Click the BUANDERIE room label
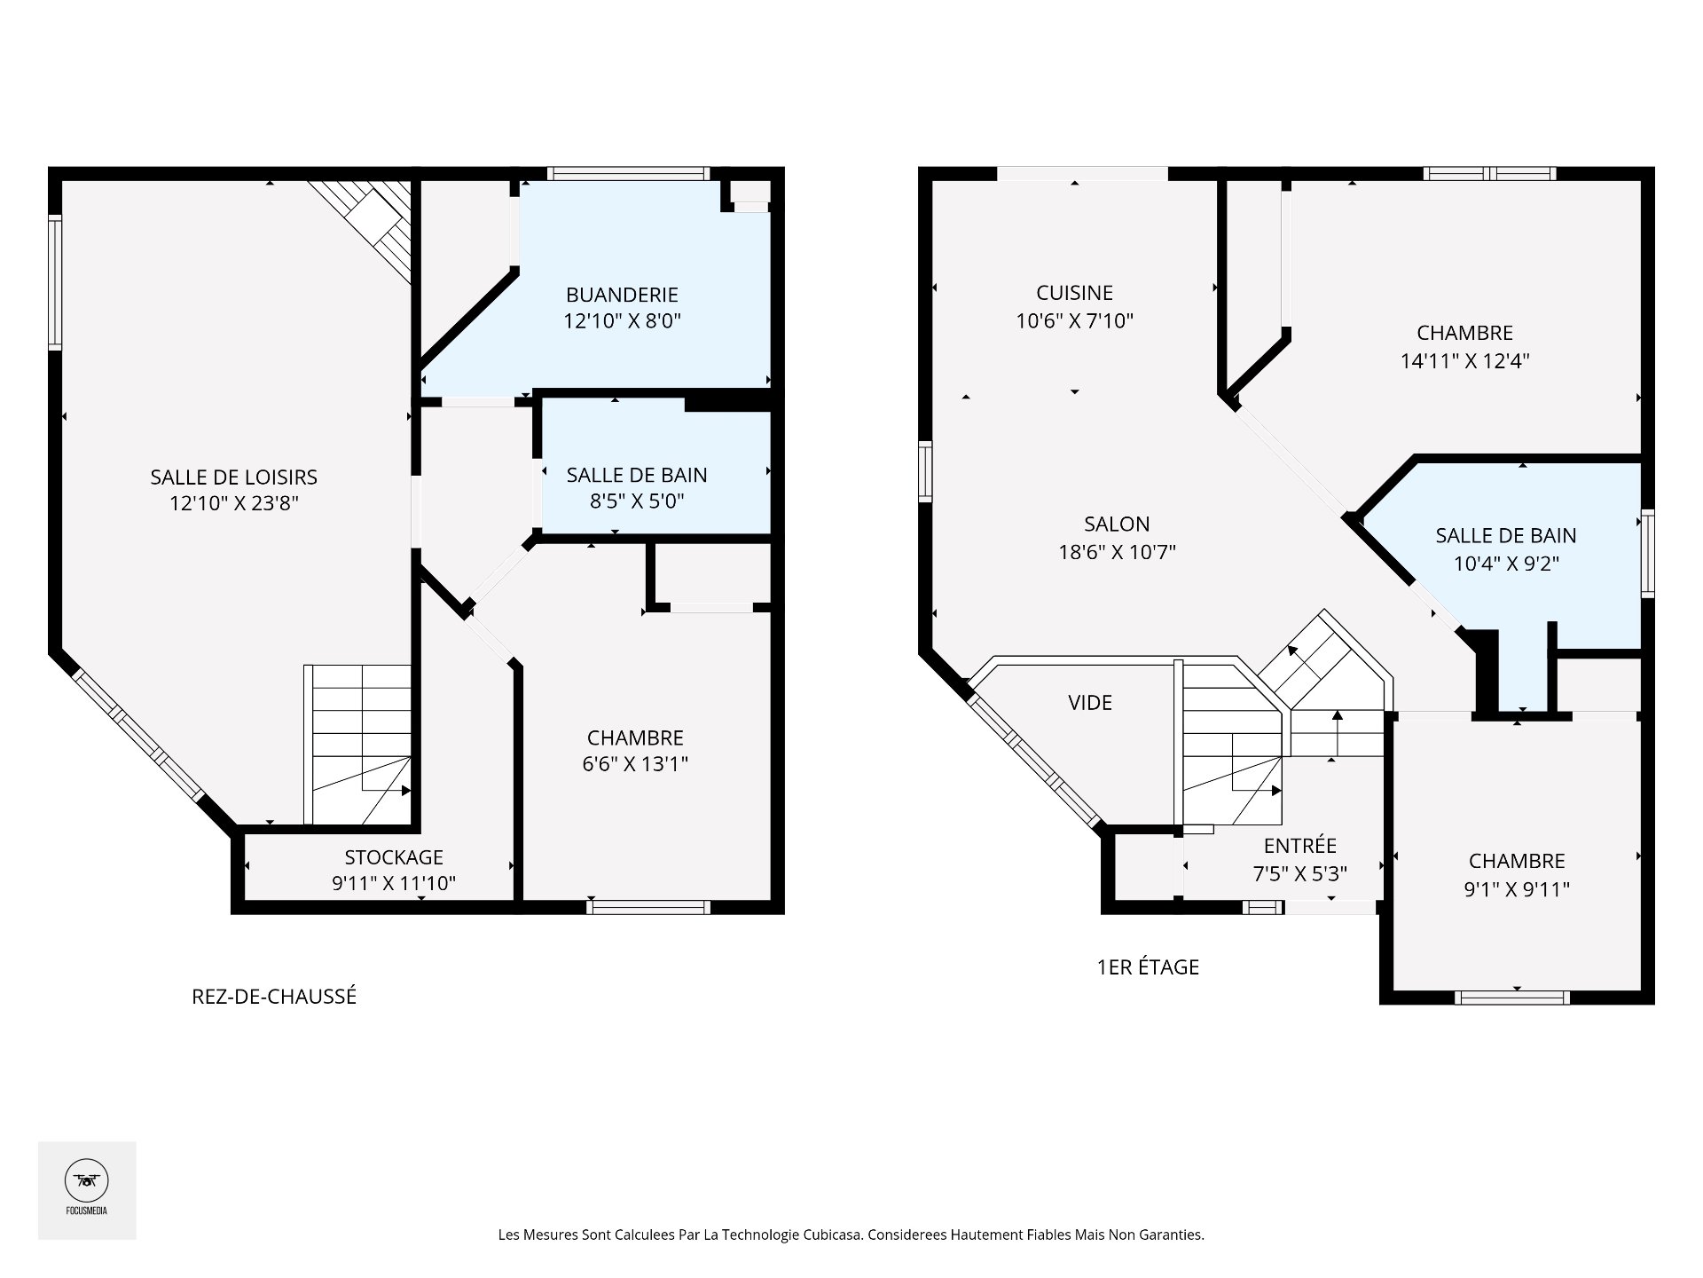pyautogui.click(x=622, y=295)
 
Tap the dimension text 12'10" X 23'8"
pyautogui.click(x=234, y=503)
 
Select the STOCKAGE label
pyautogui.click(x=394, y=857)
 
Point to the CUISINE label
pyautogui.click(x=1074, y=293)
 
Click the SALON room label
pyautogui.click(x=1117, y=525)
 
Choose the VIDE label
pyautogui.click(x=1090, y=703)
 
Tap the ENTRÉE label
pyautogui.click(x=1299, y=846)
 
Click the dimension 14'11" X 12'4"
pyautogui.click(x=1465, y=361)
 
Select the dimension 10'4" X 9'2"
pyautogui.click(x=1506, y=564)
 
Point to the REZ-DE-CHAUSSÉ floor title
pyautogui.click(x=274, y=997)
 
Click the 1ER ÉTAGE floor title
pyautogui.click(x=1148, y=967)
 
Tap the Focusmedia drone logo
pyautogui.click(x=87, y=1181)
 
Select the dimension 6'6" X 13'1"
pyautogui.click(x=635, y=764)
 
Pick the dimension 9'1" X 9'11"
pyautogui.click(x=1517, y=889)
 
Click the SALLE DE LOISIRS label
pyautogui.click(x=234, y=477)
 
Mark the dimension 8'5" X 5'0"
pyautogui.click(x=637, y=501)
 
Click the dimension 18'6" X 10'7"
pyautogui.click(x=1117, y=552)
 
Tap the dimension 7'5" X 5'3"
pyautogui.click(x=1299, y=874)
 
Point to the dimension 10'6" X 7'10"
pyautogui.click(x=1074, y=321)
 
